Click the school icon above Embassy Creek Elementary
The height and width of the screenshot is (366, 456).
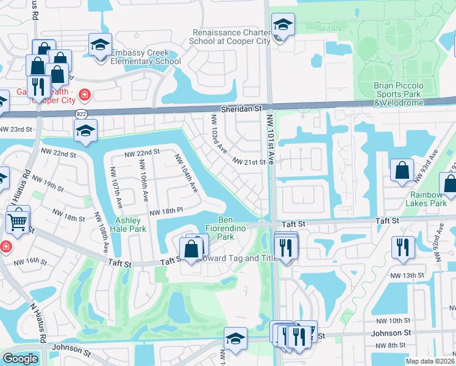point(100,45)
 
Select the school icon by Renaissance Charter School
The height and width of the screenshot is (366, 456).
point(283,25)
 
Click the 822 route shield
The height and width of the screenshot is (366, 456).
point(80,114)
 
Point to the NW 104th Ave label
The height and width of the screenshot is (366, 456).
point(186,173)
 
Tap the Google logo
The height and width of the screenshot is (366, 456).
point(20,359)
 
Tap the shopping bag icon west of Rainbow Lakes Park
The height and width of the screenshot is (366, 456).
point(402,171)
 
